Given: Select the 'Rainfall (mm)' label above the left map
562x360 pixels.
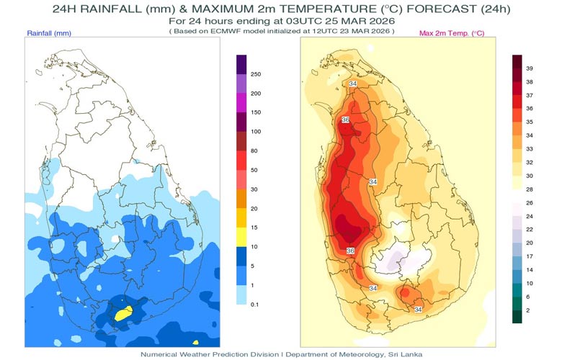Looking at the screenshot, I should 49,34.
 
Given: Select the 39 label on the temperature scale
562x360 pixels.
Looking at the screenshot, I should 530,68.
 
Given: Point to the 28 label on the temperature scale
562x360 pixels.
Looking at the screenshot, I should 530,188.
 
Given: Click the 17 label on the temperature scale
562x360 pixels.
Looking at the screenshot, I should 530,256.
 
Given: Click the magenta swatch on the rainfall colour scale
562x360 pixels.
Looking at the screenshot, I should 241,113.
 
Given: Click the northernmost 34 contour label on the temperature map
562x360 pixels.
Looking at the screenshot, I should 353,85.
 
